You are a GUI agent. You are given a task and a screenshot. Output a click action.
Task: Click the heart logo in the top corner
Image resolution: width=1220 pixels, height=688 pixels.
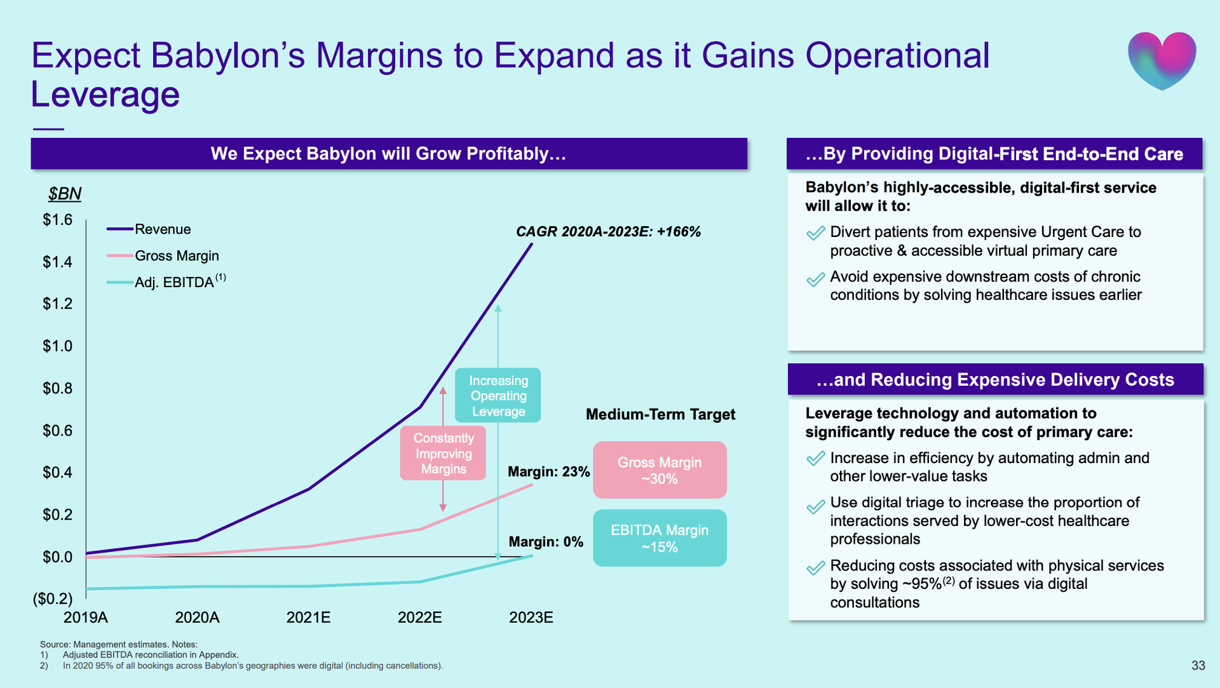point(1162,60)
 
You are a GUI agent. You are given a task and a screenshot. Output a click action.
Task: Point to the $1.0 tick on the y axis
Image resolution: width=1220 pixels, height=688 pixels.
point(58,346)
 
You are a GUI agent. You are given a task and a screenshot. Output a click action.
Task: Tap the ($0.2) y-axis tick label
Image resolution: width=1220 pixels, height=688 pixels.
point(53,598)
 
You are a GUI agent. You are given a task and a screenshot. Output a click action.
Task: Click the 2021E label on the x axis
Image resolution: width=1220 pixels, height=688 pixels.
point(308,617)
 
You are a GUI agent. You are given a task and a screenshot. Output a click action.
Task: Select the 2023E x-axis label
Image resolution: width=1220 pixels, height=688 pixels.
point(531,617)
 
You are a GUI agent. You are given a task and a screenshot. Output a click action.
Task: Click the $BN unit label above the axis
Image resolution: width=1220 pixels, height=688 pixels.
point(65,194)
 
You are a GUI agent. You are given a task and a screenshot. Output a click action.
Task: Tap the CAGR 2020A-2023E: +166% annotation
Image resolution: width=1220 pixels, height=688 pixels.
point(608,232)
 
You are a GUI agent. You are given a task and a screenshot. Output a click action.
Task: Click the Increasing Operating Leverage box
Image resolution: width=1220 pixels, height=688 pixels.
point(498,396)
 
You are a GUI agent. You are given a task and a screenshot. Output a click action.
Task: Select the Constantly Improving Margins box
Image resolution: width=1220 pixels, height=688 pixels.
point(444,454)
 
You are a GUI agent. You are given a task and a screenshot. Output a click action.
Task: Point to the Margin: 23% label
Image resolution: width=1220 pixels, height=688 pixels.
point(548,472)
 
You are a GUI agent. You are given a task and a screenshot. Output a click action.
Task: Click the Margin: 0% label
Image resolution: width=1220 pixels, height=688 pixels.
point(546,542)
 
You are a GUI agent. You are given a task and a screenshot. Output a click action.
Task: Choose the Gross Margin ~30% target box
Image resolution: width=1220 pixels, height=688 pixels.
point(660,470)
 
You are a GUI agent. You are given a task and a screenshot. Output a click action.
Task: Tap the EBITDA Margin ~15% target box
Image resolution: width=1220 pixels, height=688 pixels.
point(660,538)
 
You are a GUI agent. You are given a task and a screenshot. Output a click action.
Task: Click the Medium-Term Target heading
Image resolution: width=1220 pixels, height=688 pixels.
point(660,415)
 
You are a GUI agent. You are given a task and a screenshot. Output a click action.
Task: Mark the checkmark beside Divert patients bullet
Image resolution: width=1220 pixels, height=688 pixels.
point(815,234)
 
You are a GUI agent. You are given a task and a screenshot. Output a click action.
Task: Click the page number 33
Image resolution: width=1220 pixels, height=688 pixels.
point(1198,665)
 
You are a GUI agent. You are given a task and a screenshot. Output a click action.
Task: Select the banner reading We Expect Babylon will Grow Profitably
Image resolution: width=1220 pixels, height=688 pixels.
point(389,154)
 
